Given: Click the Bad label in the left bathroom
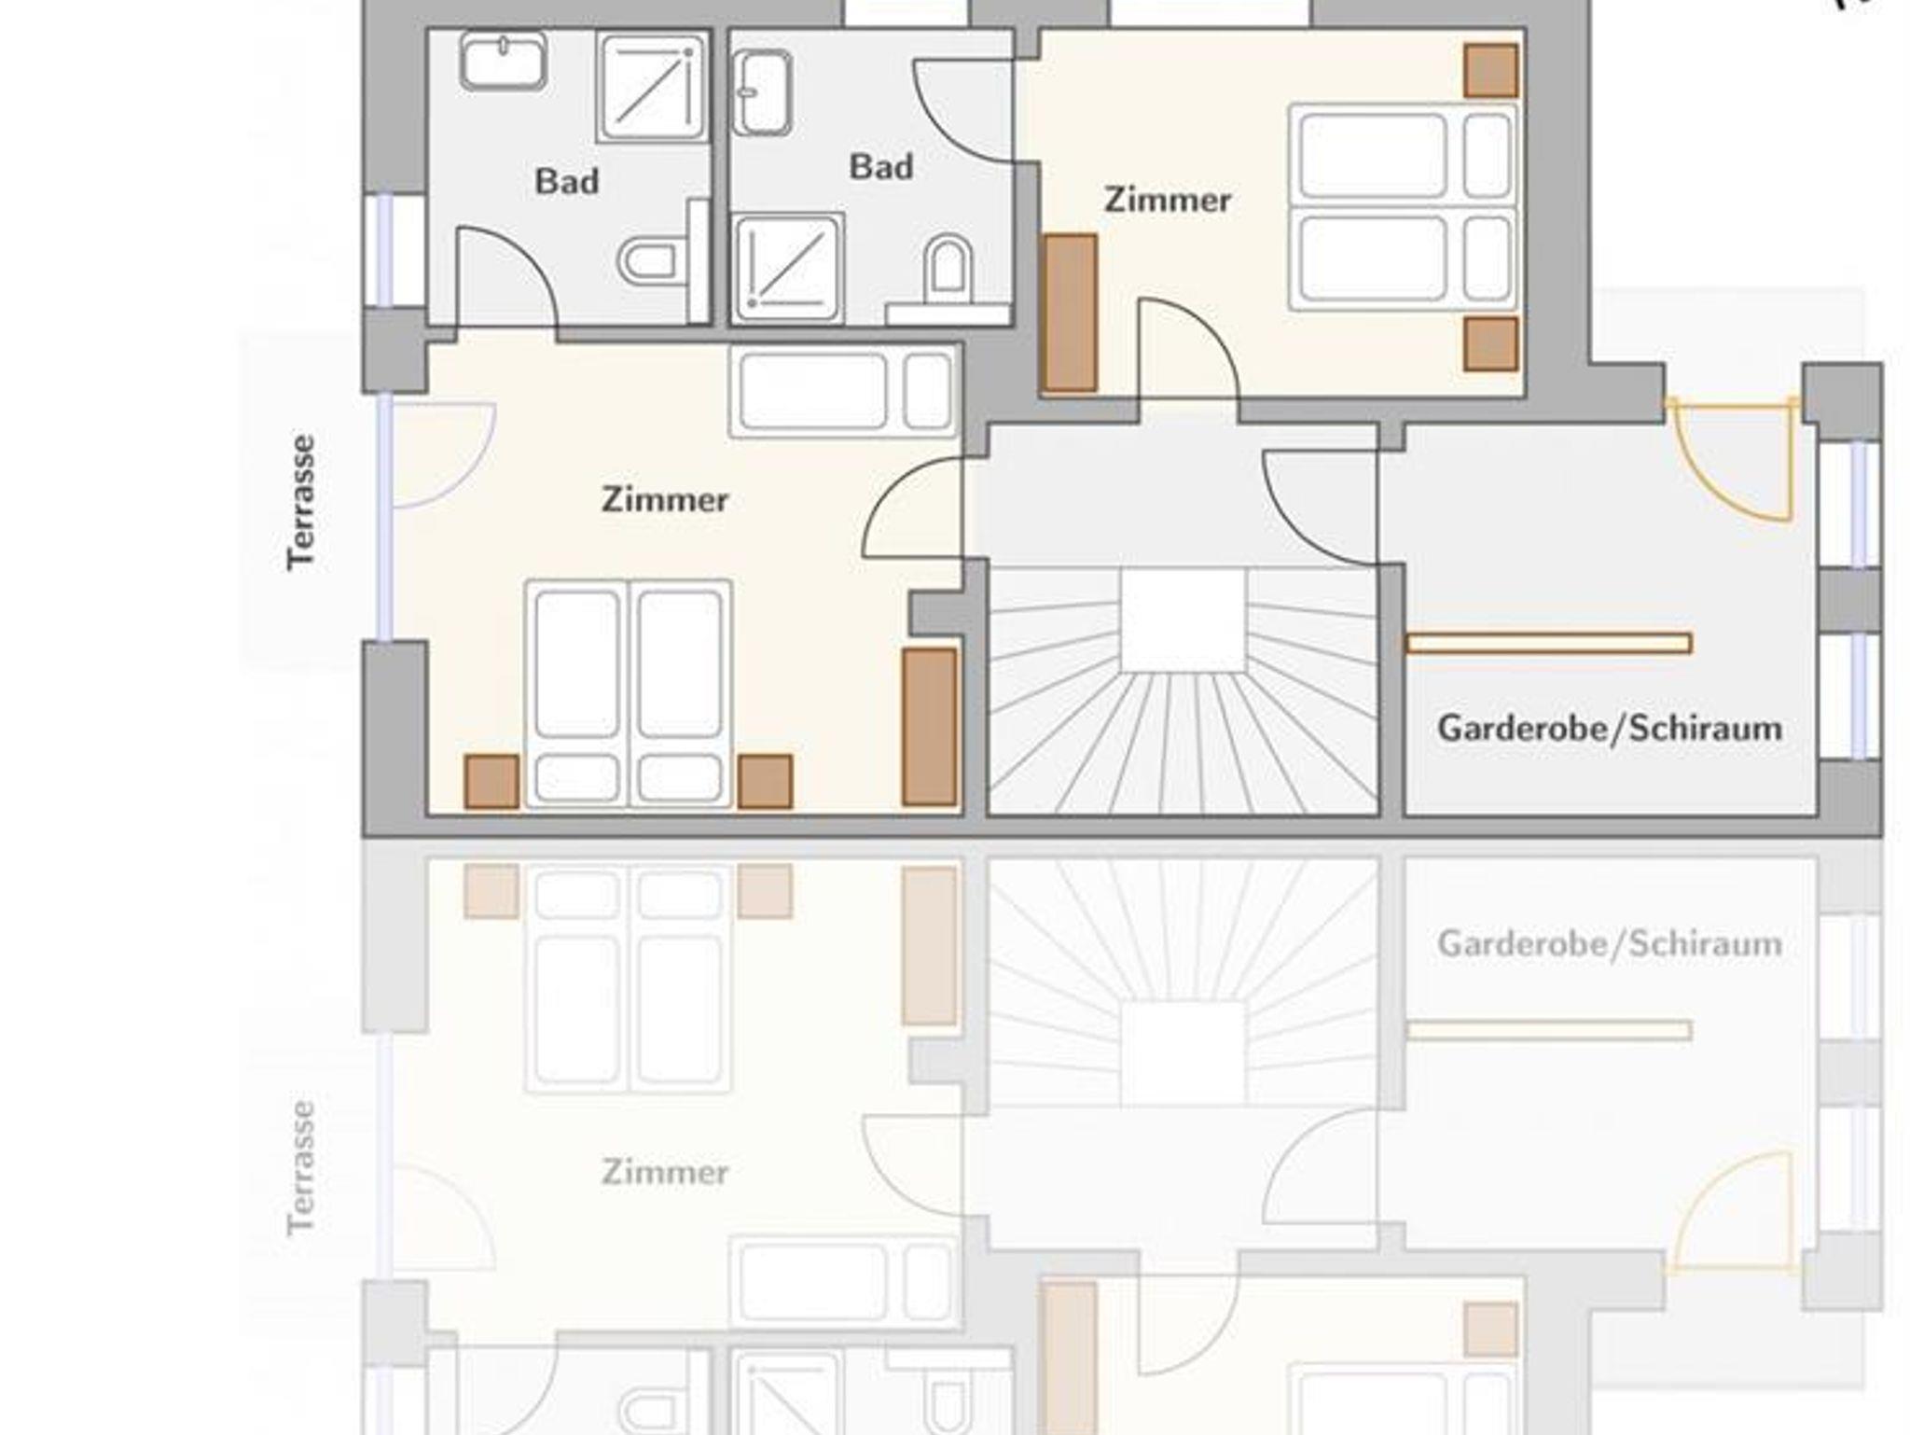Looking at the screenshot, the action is (x=566, y=181).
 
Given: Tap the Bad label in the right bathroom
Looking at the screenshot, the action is (x=880, y=167).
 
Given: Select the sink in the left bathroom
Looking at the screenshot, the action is (x=503, y=61).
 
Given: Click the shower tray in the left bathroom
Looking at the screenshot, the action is (x=652, y=88).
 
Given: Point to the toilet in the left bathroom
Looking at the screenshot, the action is (x=648, y=261).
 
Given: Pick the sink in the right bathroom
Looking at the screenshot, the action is (x=763, y=92).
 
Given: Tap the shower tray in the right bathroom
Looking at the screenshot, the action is (x=788, y=268).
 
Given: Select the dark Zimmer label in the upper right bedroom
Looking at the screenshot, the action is (x=1167, y=200).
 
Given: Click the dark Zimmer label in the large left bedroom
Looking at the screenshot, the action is (x=664, y=499).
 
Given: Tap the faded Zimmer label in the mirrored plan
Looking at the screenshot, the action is (x=664, y=1172).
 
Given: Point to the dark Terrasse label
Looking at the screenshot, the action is (x=301, y=502).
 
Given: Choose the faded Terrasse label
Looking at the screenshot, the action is (x=301, y=1168).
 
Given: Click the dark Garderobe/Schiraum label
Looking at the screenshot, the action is (x=1609, y=729).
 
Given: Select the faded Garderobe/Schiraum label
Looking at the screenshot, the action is (x=1609, y=944).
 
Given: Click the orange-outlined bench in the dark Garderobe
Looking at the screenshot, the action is (x=1548, y=643).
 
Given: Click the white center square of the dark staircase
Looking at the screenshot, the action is (x=1183, y=620).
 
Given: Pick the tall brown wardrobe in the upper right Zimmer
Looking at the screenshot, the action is (x=1069, y=313).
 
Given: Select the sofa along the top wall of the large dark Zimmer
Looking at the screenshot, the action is (x=844, y=392).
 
